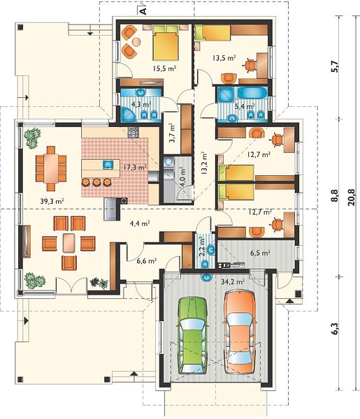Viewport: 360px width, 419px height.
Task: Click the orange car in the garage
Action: (x=240, y=332)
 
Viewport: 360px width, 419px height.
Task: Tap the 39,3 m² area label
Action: (x=52, y=201)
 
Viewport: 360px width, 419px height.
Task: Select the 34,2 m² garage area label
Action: (x=233, y=281)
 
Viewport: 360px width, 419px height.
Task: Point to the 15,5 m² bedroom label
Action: (x=164, y=68)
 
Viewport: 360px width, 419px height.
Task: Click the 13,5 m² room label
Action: (x=224, y=58)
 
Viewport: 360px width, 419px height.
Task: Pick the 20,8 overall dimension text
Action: (x=351, y=197)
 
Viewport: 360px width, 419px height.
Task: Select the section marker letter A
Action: (x=143, y=11)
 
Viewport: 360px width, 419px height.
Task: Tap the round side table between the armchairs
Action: (x=136, y=41)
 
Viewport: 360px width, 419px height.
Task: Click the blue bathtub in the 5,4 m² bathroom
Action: (x=252, y=94)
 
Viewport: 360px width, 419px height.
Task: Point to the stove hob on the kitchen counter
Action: (x=134, y=132)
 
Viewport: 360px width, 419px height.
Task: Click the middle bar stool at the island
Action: (x=96, y=182)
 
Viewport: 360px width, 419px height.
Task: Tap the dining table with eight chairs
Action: (x=51, y=168)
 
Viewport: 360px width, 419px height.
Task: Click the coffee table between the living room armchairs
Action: (x=69, y=243)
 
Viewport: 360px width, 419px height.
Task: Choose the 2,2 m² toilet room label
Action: (x=202, y=247)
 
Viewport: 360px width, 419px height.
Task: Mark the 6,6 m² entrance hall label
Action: (x=147, y=260)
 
